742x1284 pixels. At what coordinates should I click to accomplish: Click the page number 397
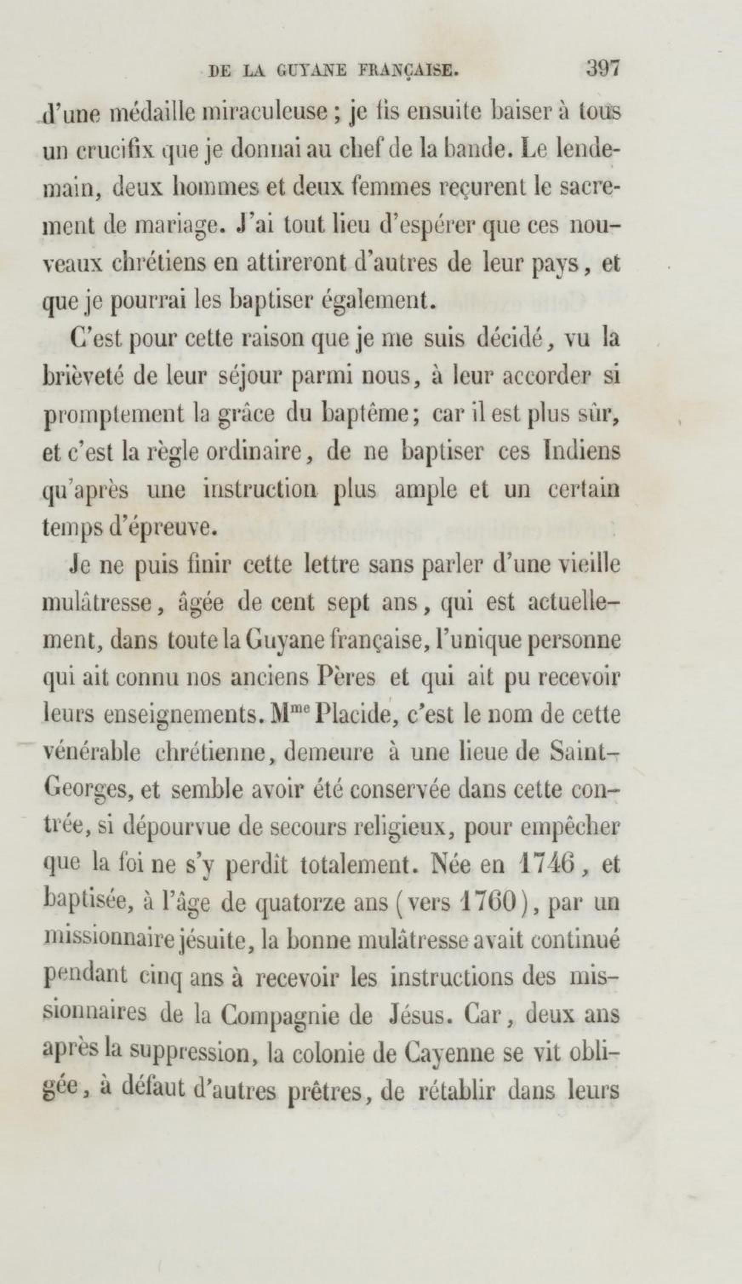(602, 68)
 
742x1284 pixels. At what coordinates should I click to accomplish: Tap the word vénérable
(91, 753)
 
